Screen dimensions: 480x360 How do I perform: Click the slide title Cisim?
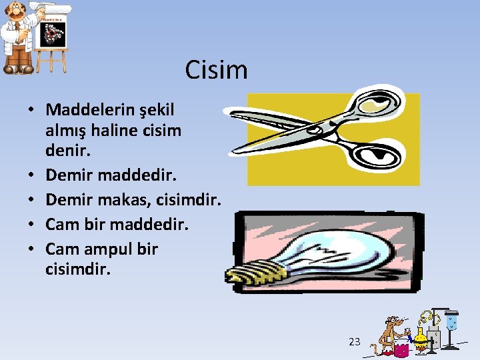pos(216,70)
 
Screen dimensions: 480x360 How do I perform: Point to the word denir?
pos(67,150)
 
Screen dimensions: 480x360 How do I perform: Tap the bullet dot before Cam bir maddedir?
pos(31,224)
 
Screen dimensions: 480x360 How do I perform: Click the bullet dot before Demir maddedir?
pos(31,175)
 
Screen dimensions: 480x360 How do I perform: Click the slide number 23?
pos(355,341)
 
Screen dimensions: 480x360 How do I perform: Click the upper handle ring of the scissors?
pos(379,103)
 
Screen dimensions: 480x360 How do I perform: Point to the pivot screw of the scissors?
pos(315,131)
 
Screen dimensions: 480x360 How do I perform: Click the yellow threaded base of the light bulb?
pos(255,273)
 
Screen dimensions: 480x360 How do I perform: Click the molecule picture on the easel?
pos(53,34)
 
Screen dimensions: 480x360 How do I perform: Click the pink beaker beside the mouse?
pos(401,348)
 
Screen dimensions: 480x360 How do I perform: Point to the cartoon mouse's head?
pos(394,322)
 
